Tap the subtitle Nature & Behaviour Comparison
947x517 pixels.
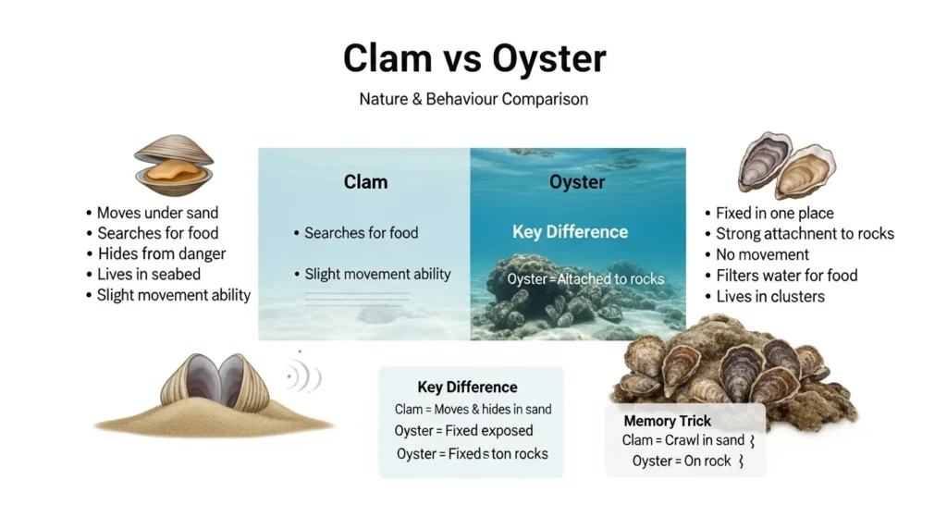pyautogui.click(x=473, y=98)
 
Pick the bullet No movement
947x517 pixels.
pyautogui.click(x=762, y=254)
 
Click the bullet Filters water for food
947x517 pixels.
pyautogui.click(x=786, y=275)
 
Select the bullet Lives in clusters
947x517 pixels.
pyautogui.click(x=769, y=296)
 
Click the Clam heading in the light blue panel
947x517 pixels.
pyautogui.click(x=365, y=181)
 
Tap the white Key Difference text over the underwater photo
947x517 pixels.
pyautogui.click(x=571, y=232)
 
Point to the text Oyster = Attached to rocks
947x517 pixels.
pyautogui.click(x=585, y=278)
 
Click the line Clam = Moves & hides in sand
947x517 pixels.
pyautogui.click(x=473, y=409)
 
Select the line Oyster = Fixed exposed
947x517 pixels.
pyautogui.click(x=463, y=431)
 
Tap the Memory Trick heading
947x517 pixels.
pyautogui.click(x=668, y=421)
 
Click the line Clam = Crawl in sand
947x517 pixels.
pyautogui.click(x=682, y=440)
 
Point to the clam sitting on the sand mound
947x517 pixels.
pyautogui.click(x=215, y=384)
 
